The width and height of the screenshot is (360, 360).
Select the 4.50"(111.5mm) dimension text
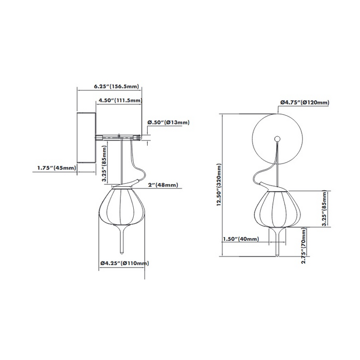119,101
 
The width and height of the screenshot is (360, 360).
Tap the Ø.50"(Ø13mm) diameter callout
168,122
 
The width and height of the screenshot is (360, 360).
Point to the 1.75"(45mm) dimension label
57,167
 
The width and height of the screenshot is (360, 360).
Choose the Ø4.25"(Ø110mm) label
124,263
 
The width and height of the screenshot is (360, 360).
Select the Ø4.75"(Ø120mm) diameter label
304,102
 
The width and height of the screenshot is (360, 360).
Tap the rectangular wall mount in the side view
86,138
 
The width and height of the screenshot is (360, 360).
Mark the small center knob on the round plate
278,138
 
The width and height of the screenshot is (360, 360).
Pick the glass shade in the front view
277,208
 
